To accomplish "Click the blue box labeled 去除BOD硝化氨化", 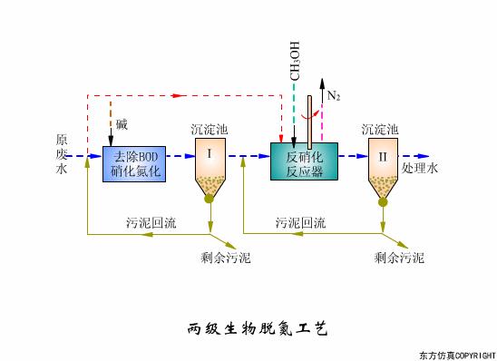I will click(135, 161).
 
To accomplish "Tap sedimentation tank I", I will click(210, 163).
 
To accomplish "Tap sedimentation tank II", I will click(383, 163).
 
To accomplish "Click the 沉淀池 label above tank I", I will click(210, 131).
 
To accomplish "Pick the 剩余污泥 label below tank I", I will click(226, 258).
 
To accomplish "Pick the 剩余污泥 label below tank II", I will click(399, 258).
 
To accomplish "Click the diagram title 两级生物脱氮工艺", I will click(249, 326).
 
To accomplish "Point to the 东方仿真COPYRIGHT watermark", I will click(456, 353).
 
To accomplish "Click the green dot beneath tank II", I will click(383, 201).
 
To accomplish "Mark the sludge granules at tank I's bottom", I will click(210, 188).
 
